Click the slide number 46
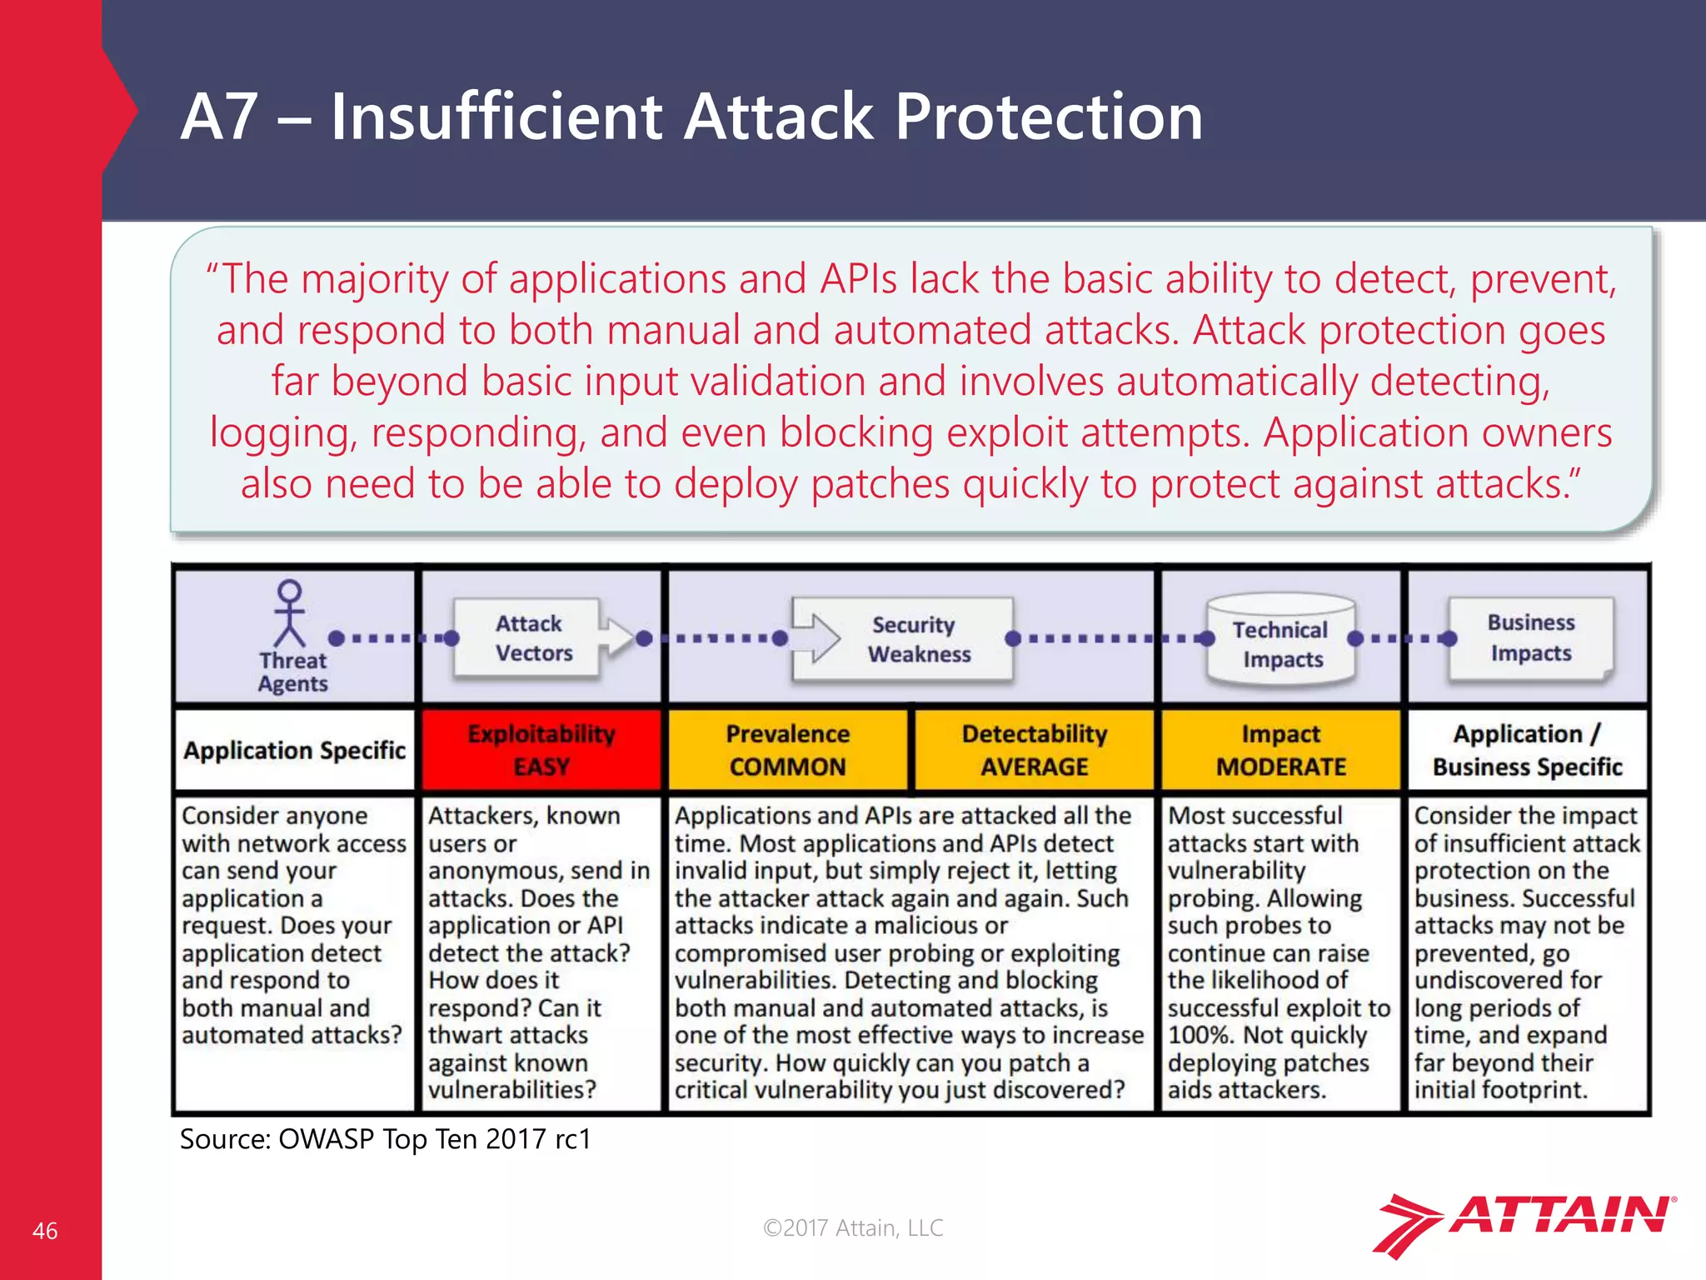45,1231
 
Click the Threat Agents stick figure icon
289,613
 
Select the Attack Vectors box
528,638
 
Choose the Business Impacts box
1530,637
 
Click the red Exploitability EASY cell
541,749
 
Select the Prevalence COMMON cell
787,749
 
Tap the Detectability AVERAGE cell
1034,749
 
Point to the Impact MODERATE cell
1280,749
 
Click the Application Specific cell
294,750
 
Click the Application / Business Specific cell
1527,749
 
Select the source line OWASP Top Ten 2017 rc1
385,1139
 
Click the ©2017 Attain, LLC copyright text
853,1227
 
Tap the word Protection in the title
1049,117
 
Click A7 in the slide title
217,117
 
